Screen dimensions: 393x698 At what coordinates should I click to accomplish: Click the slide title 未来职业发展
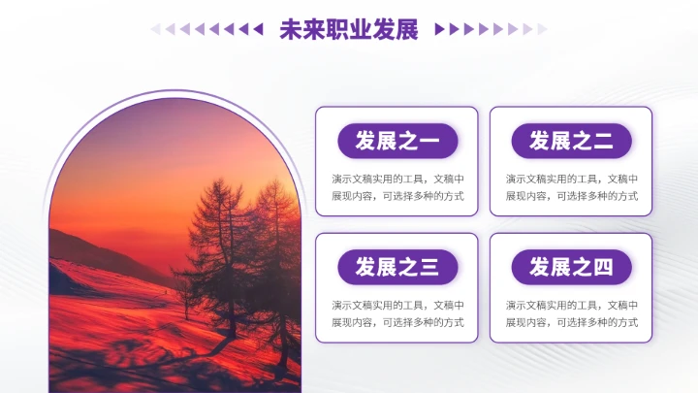348,29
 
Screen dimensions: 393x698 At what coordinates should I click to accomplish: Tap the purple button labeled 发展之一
397,142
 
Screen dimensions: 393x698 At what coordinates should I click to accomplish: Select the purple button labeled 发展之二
571,142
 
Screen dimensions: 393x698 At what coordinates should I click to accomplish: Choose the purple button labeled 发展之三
397,267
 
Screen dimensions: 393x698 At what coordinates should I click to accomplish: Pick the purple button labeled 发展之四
571,267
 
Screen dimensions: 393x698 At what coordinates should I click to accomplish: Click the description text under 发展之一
397,187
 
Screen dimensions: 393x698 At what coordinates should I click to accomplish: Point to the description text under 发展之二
571,187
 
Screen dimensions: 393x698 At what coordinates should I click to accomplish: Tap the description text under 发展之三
397,312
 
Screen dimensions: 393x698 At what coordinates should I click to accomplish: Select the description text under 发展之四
571,312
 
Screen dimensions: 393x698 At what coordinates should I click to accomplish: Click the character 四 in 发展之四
604,267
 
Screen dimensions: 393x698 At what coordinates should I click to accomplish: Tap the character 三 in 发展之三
429,267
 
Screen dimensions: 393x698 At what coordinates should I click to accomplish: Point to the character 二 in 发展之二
604,142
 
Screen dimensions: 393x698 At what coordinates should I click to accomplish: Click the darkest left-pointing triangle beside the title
258,29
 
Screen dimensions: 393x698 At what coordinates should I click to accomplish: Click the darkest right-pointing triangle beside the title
440,29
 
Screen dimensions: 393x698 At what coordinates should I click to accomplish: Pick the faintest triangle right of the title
543,29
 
